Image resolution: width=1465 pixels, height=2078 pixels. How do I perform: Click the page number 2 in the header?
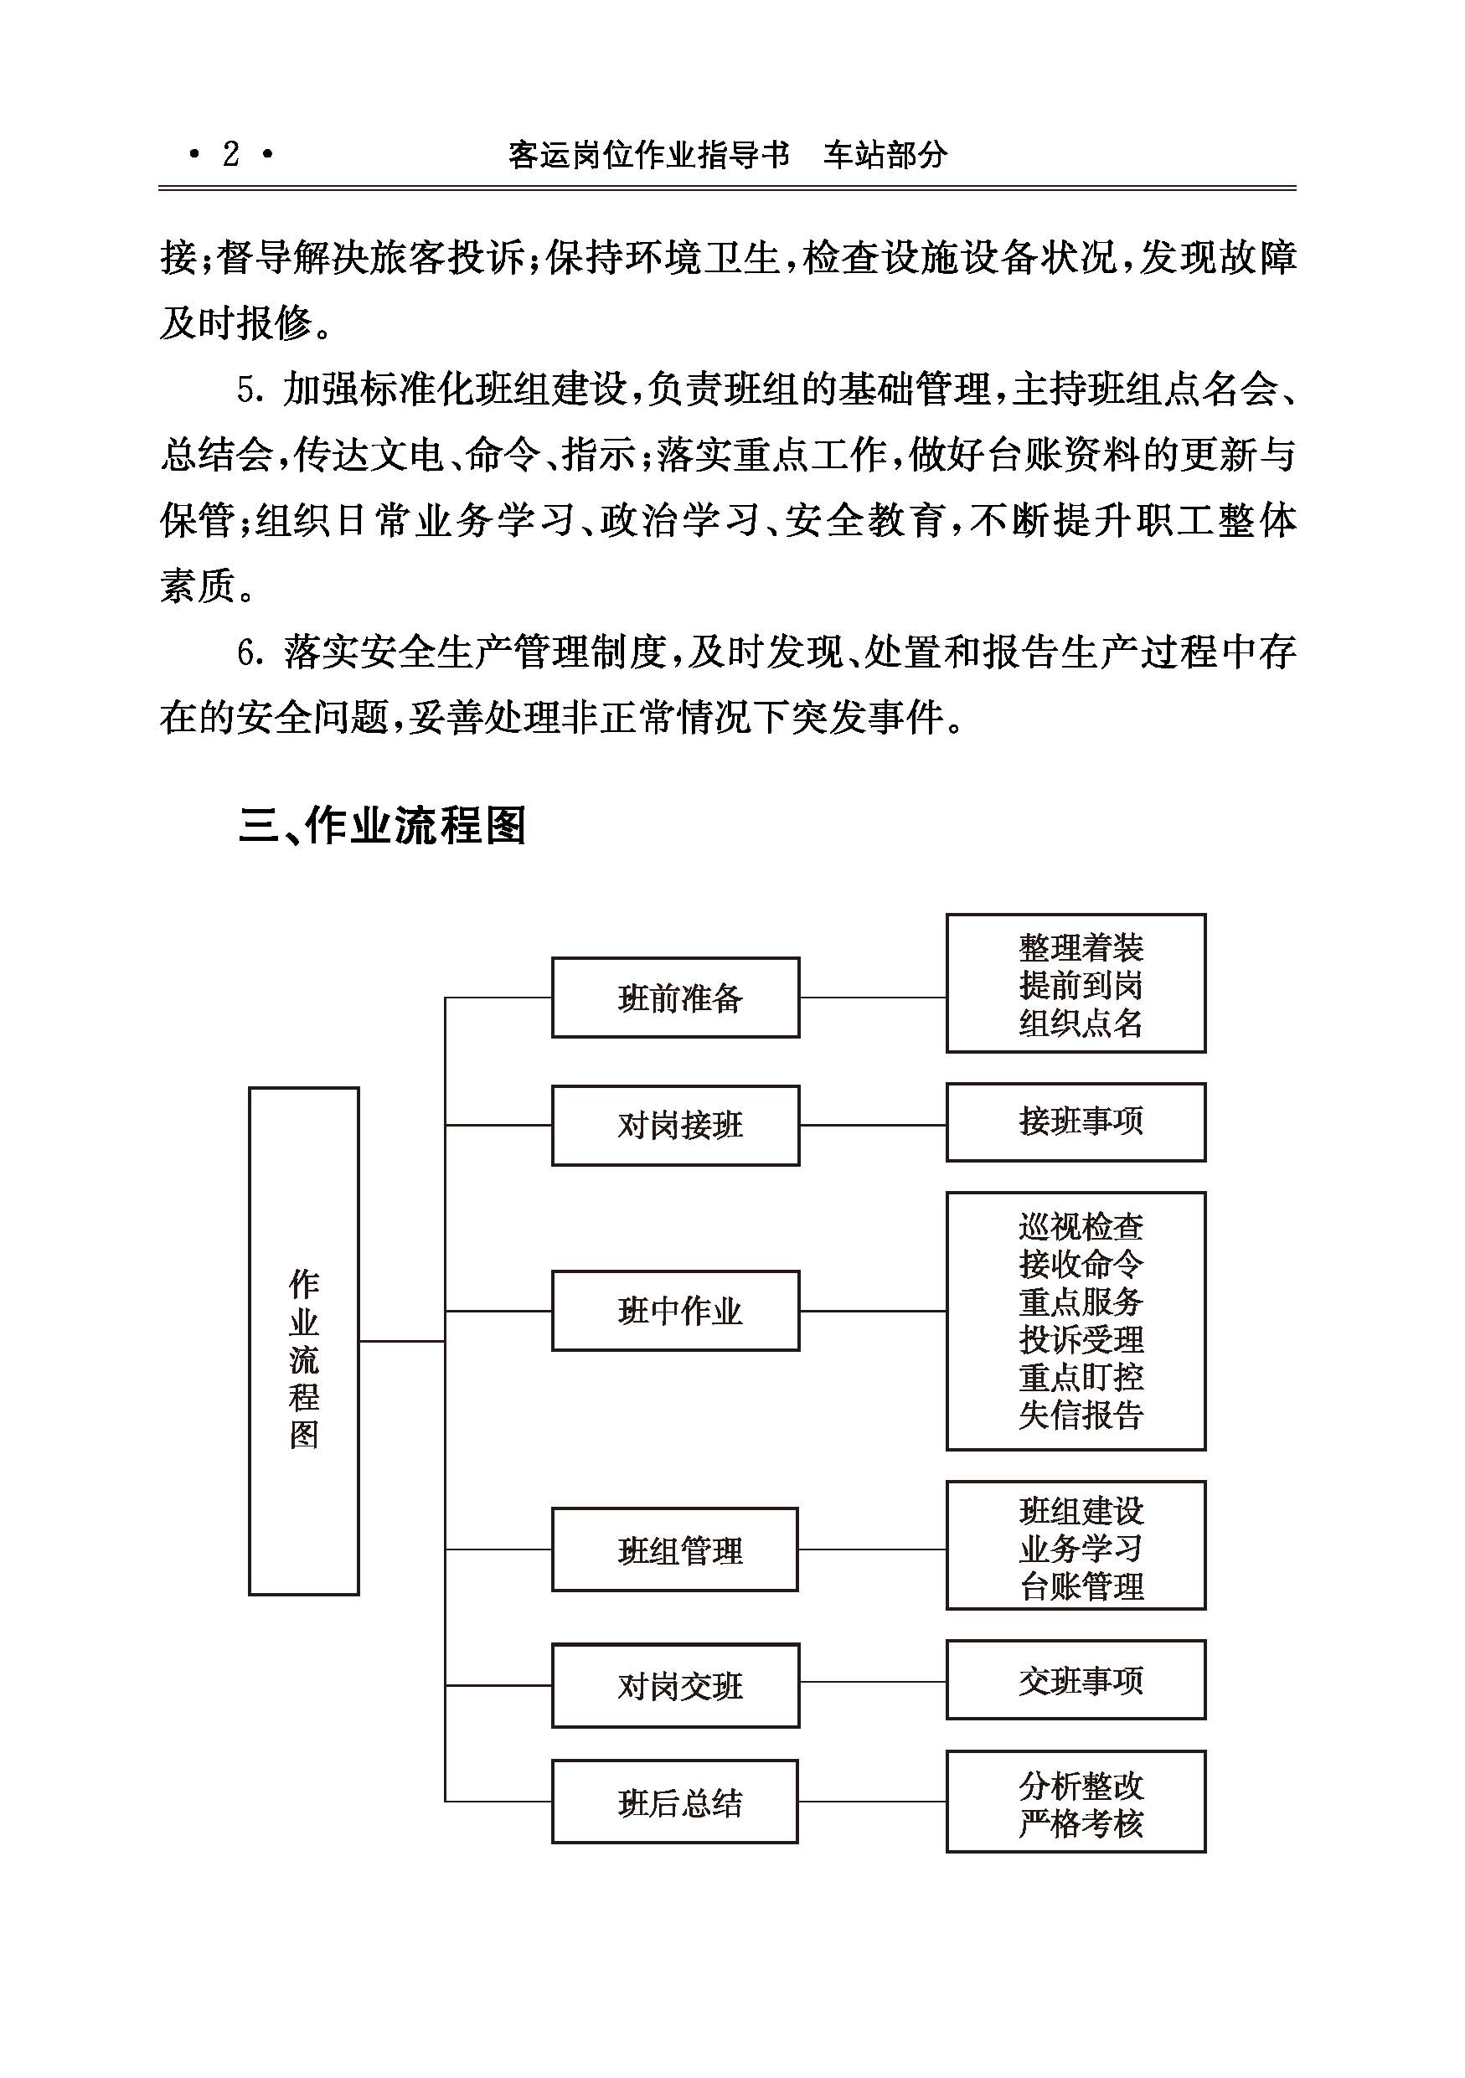(230, 155)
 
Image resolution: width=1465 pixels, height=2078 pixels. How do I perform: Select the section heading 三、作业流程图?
(382, 824)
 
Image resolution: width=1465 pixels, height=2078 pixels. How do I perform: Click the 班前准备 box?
(676, 998)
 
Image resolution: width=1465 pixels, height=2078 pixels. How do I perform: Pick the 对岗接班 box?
(676, 1125)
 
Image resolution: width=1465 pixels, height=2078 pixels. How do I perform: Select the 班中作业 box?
(676, 1311)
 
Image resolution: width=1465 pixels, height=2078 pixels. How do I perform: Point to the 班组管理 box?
(675, 1550)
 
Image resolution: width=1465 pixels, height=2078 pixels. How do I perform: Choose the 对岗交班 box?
(676, 1685)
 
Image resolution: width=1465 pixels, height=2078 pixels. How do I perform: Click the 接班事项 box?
(1076, 1122)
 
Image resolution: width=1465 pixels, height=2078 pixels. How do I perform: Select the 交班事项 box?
(1076, 1680)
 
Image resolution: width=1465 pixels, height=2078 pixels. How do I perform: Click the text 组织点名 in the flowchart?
(1081, 1024)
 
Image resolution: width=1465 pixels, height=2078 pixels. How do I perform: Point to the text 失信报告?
(1081, 1415)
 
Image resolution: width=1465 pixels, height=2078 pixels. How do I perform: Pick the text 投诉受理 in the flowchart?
(1081, 1340)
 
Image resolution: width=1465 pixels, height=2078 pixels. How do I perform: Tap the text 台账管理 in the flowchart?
(1081, 1586)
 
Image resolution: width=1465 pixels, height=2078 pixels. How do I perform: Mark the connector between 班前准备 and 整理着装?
(873, 998)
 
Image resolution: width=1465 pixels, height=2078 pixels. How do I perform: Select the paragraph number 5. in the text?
(250, 390)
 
